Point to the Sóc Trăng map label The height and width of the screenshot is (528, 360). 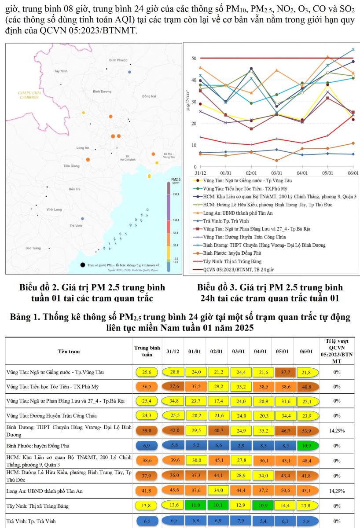click(33, 249)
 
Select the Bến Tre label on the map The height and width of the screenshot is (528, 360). click(74, 189)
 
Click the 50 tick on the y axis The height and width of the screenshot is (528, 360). click(194, 58)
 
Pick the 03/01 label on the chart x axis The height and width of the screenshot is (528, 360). click(277, 174)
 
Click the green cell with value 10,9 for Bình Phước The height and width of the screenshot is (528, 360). click(305, 446)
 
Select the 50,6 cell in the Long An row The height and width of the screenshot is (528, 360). click(283, 491)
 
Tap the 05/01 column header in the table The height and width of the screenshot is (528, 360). click(282, 351)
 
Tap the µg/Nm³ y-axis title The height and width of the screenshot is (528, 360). click(188, 112)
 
